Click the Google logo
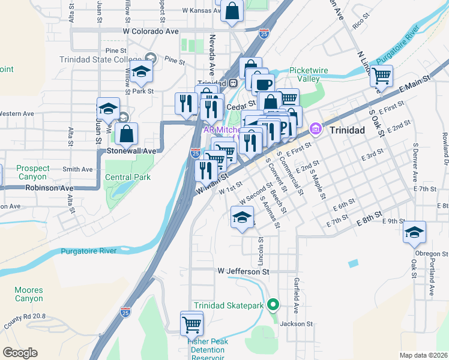point(20,353)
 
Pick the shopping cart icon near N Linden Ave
point(381,77)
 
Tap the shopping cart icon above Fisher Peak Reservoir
point(191,324)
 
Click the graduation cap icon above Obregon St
point(414,233)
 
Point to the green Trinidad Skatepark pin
point(273,306)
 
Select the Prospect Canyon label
point(32,173)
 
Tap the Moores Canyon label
point(29,294)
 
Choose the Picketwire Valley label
point(309,74)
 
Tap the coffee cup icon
point(262,85)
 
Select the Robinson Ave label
point(50,188)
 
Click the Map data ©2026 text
point(423,355)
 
